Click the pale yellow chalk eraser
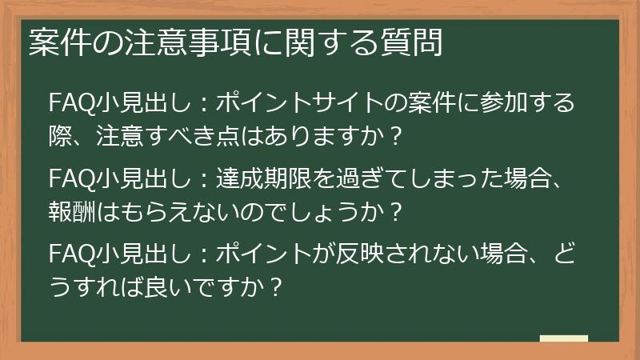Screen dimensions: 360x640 coord(563,338)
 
